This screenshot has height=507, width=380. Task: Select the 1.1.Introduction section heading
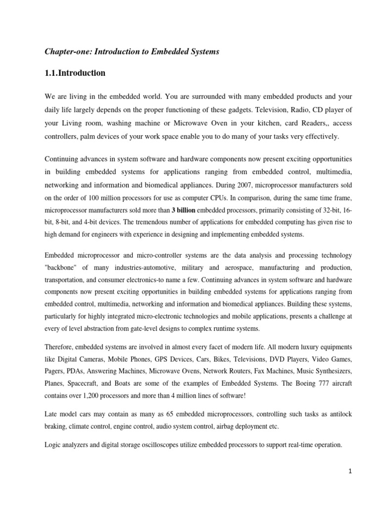(75, 73)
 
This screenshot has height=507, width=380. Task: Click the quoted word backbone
(61, 267)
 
